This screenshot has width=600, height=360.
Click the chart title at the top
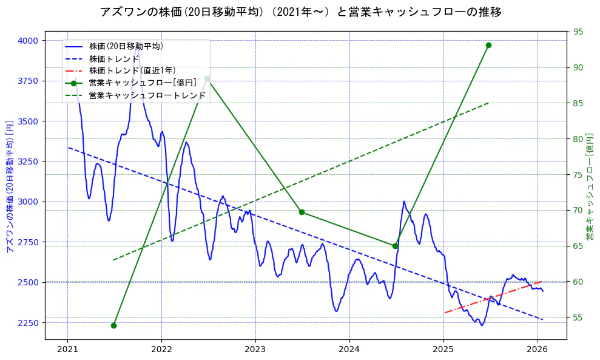point(300,12)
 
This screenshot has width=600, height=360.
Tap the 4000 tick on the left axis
point(27,41)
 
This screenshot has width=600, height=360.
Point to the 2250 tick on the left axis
point(27,323)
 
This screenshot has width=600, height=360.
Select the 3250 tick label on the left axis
point(27,161)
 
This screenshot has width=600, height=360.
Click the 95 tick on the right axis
point(578,32)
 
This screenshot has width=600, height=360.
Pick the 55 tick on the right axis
point(578,318)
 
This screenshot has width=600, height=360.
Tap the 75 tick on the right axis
point(578,175)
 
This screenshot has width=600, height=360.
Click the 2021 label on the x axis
point(67,350)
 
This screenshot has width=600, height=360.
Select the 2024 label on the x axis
point(349,350)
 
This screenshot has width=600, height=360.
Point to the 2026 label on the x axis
point(538,350)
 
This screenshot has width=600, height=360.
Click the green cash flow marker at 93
point(488,45)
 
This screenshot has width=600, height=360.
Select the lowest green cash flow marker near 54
point(113,325)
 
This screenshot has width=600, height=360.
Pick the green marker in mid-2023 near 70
point(302,212)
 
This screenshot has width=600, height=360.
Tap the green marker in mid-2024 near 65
point(395,246)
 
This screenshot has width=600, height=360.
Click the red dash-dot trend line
point(491,297)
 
